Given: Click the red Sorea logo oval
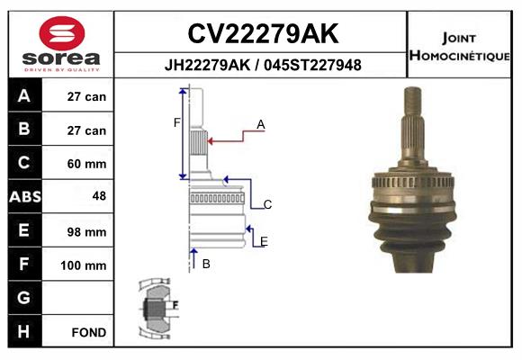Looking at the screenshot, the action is point(62,33).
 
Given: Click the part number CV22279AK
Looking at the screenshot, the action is point(263,33).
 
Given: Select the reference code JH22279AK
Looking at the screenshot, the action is point(207,65).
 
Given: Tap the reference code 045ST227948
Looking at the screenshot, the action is point(312,65).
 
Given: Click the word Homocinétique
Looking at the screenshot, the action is point(459,56).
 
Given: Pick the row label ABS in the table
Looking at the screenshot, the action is point(25,197).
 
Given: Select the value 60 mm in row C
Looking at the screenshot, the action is point(86,164).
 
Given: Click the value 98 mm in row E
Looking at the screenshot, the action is point(86,232).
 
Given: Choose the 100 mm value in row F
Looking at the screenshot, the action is point(83,265).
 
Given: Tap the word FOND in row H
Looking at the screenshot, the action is point(89,332).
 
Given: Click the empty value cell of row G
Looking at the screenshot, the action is point(77,298).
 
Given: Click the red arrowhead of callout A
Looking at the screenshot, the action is point(211,141).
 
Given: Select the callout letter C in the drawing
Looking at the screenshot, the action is point(267,204).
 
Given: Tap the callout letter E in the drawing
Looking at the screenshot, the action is point(264,241).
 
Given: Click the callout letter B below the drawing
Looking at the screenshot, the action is point(206,264).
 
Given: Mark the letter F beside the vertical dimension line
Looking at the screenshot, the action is point(176,123).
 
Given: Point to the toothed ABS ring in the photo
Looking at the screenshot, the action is point(413,182).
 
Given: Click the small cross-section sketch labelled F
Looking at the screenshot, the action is point(158,309).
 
